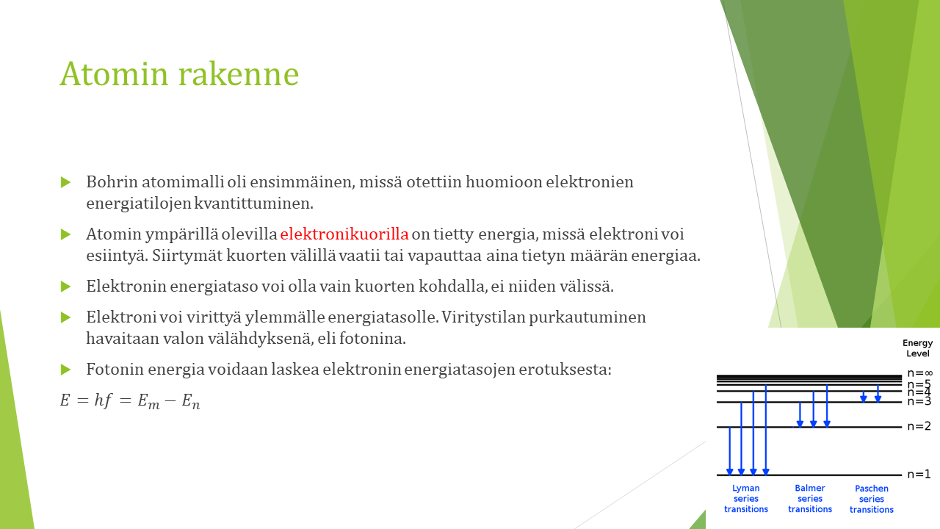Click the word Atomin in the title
[114, 74]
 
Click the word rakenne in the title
[239, 74]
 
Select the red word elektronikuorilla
[344, 234]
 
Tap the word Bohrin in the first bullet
[112, 182]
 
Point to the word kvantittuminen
[253, 204]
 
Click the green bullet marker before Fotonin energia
[65, 370]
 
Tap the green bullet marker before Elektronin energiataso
[65, 287]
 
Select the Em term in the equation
[148, 401]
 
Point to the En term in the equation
[191, 401]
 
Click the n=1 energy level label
[919, 475]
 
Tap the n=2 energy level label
[919, 427]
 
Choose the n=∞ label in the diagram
[920, 373]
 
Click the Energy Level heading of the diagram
[918, 348]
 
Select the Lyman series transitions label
[745, 499]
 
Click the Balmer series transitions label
[810, 499]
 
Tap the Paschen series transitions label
[872, 499]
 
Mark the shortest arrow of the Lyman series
[730, 451]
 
